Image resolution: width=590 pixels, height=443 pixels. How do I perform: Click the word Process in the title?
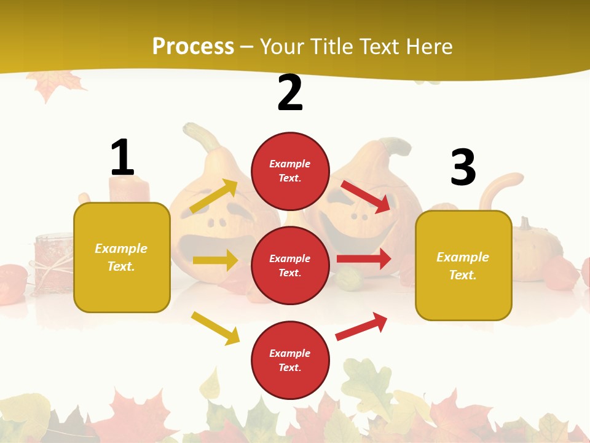[x=193, y=46]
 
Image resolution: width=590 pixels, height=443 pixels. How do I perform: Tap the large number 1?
[x=122, y=158]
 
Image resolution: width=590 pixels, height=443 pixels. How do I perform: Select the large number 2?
[x=290, y=93]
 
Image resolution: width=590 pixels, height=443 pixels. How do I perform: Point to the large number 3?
[x=463, y=167]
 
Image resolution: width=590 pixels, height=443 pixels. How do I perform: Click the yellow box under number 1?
[x=122, y=257]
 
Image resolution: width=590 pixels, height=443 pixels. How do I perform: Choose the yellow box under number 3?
[x=463, y=265]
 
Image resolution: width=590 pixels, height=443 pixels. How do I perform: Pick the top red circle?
[x=290, y=170]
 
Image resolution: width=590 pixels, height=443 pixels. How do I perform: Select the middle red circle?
[x=290, y=265]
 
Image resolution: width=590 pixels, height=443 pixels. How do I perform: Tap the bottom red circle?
[x=290, y=360]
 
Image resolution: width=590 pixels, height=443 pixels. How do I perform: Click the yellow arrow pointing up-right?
[x=214, y=195]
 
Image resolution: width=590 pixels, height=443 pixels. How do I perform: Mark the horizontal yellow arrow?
[x=215, y=260]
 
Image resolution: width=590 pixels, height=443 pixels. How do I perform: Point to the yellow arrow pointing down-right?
[x=215, y=328]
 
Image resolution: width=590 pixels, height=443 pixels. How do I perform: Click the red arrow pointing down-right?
[x=366, y=196]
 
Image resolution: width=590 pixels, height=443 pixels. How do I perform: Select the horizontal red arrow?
[x=364, y=259]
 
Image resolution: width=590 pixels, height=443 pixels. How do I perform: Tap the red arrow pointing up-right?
[x=361, y=326]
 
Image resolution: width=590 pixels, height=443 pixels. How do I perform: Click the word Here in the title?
[x=429, y=46]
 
